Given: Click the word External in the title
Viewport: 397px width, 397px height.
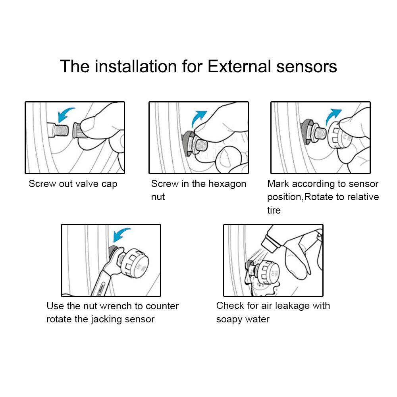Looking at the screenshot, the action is (x=239, y=67).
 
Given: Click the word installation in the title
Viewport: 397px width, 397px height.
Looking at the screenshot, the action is (x=136, y=67).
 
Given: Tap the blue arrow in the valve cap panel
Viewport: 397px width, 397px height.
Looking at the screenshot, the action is (x=66, y=114).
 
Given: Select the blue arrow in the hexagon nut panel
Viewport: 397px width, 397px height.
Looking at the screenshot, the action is (x=199, y=118).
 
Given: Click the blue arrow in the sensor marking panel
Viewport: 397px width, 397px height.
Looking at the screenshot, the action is (x=333, y=116).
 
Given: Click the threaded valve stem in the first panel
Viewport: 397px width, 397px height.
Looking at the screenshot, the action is (x=58, y=130).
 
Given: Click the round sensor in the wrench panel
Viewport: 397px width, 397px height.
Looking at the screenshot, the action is (x=134, y=263).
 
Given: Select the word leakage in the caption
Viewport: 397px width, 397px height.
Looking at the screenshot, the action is (x=292, y=306).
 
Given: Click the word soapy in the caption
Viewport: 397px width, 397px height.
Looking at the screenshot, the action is (x=229, y=320).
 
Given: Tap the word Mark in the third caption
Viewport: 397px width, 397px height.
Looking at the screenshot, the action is (x=278, y=184).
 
